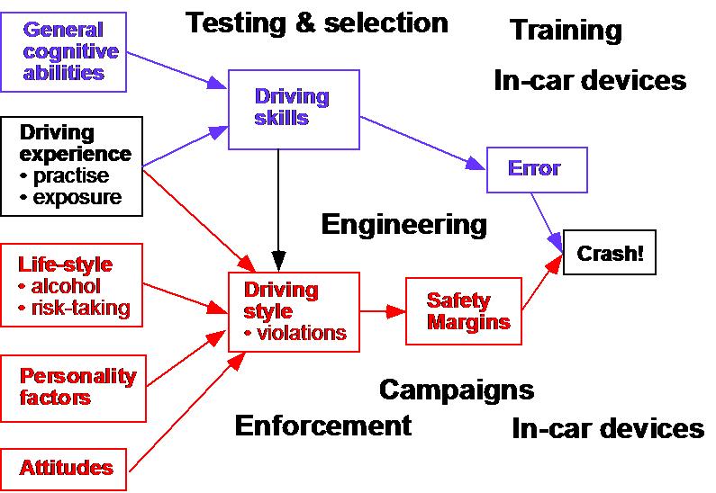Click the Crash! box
click(611, 254)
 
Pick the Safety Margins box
click(462, 311)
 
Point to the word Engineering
click(403, 223)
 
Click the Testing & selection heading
click(316, 22)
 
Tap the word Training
click(566, 31)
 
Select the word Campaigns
click(456, 390)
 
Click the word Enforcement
click(322, 425)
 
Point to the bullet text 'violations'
click(300, 333)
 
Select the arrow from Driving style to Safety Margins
click(383, 311)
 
